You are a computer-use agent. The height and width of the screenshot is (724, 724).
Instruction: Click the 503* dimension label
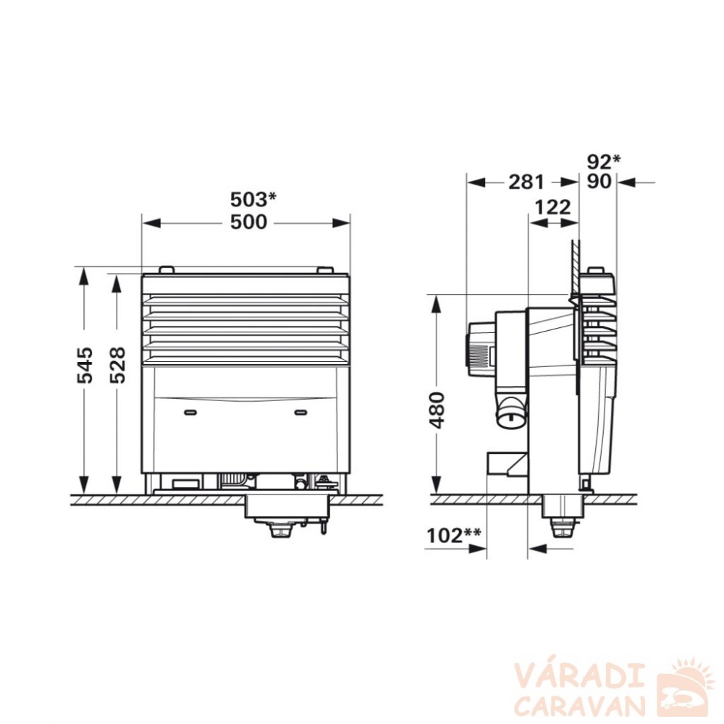(x=253, y=200)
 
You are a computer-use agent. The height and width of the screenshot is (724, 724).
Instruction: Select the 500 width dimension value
(x=249, y=222)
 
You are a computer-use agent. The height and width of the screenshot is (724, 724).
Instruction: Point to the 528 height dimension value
(x=118, y=365)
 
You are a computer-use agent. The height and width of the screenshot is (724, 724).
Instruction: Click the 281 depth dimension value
(x=527, y=182)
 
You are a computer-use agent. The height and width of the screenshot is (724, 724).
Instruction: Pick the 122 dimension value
(x=552, y=207)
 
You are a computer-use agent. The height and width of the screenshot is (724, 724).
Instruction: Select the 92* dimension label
(x=604, y=161)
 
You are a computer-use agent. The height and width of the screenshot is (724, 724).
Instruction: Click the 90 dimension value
(x=599, y=182)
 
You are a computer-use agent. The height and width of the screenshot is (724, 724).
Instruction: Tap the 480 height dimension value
(x=437, y=410)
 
